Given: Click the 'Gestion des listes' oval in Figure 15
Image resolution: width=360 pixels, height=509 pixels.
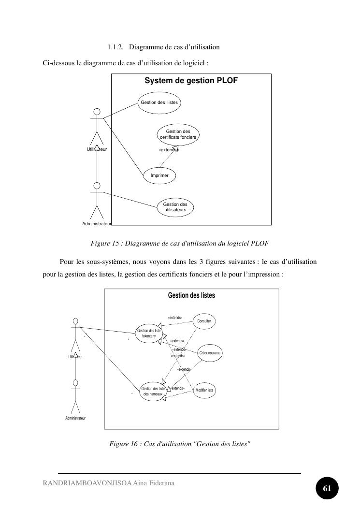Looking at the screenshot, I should click(x=159, y=102).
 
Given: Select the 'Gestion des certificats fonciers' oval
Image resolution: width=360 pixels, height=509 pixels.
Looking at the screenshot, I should click(x=178, y=134).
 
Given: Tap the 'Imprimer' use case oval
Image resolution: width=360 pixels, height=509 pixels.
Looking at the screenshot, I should click(x=159, y=175).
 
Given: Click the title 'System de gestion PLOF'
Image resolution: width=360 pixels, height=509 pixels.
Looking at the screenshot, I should click(x=191, y=81).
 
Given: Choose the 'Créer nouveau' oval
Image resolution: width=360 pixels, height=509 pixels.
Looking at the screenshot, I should click(x=210, y=353).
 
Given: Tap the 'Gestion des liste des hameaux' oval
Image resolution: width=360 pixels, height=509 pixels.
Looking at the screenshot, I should click(x=152, y=391).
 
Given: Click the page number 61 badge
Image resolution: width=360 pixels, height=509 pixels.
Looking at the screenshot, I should click(x=327, y=488).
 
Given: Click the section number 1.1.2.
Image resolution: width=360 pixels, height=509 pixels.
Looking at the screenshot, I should click(x=115, y=47).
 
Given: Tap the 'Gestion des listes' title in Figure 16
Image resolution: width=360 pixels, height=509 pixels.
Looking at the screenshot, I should click(x=191, y=295).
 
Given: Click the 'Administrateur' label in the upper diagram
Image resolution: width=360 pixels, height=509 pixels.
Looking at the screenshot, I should click(x=97, y=224).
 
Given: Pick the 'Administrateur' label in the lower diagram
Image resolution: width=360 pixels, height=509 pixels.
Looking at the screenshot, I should click(x=75, y=418).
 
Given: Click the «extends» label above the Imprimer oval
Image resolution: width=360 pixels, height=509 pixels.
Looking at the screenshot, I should click(x=169, y=150).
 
